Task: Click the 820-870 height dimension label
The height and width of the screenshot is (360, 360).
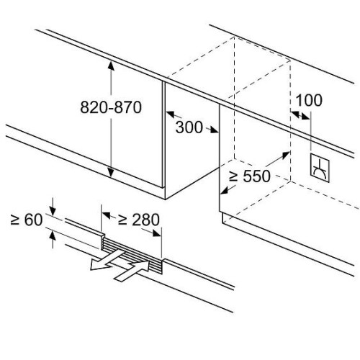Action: pos(111,107)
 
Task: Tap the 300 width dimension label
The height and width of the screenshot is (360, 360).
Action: pos(189,127)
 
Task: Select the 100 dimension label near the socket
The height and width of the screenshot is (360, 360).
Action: pos(309,100)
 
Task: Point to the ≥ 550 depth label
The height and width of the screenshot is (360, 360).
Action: pos(250,176)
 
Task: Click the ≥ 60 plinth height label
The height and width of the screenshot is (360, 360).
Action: pos(27,220)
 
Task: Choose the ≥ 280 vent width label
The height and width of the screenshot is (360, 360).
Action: pos(139,220)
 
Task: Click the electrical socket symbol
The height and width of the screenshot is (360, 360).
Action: pos(320,168)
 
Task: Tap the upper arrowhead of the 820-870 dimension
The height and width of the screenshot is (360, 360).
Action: pos(111,66)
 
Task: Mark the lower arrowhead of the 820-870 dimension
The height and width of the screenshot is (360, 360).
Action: pos(111,173)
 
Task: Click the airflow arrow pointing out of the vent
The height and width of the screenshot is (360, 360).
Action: pos(107,260)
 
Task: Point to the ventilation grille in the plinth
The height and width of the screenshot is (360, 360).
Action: pos(132,255)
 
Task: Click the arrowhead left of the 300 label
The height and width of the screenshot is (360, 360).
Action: pos(171,114)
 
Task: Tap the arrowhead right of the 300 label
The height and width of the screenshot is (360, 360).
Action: pos(214,130)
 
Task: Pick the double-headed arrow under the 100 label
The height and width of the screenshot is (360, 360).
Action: pos(300,115)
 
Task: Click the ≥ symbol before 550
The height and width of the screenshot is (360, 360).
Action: pos(233,176)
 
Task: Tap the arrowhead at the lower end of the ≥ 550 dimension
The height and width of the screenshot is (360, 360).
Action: pos(225,190)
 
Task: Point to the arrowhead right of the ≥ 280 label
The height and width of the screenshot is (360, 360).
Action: pos(156,233)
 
